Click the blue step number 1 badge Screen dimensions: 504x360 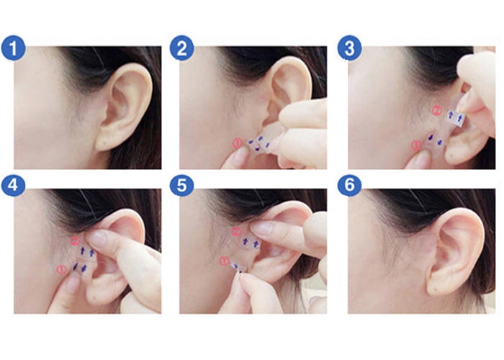tap(13, 48)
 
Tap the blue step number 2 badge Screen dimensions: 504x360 tap(182, 48)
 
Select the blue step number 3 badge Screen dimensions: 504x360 tap(349, 48)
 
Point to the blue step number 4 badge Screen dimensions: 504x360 tap(13, 185)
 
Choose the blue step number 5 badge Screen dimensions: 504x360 tap(182, 185)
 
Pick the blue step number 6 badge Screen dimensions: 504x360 tap(349, 185)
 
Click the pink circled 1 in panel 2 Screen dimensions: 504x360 tap(237, 143)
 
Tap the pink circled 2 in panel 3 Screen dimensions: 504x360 tap(437, 111)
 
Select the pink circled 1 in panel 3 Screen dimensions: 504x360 tap(417, 145)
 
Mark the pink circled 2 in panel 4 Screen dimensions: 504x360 tap(75, 240)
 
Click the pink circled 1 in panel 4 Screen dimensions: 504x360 tap(61, 269)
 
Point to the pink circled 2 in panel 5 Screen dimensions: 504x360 tap(235, 231)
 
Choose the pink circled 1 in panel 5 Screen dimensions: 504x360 tap(224, 261)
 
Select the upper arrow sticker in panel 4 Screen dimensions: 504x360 tap(87, 251)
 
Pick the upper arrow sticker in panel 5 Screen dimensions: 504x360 tap(251, 243)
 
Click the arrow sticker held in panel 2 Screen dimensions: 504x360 tap(259, 144)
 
